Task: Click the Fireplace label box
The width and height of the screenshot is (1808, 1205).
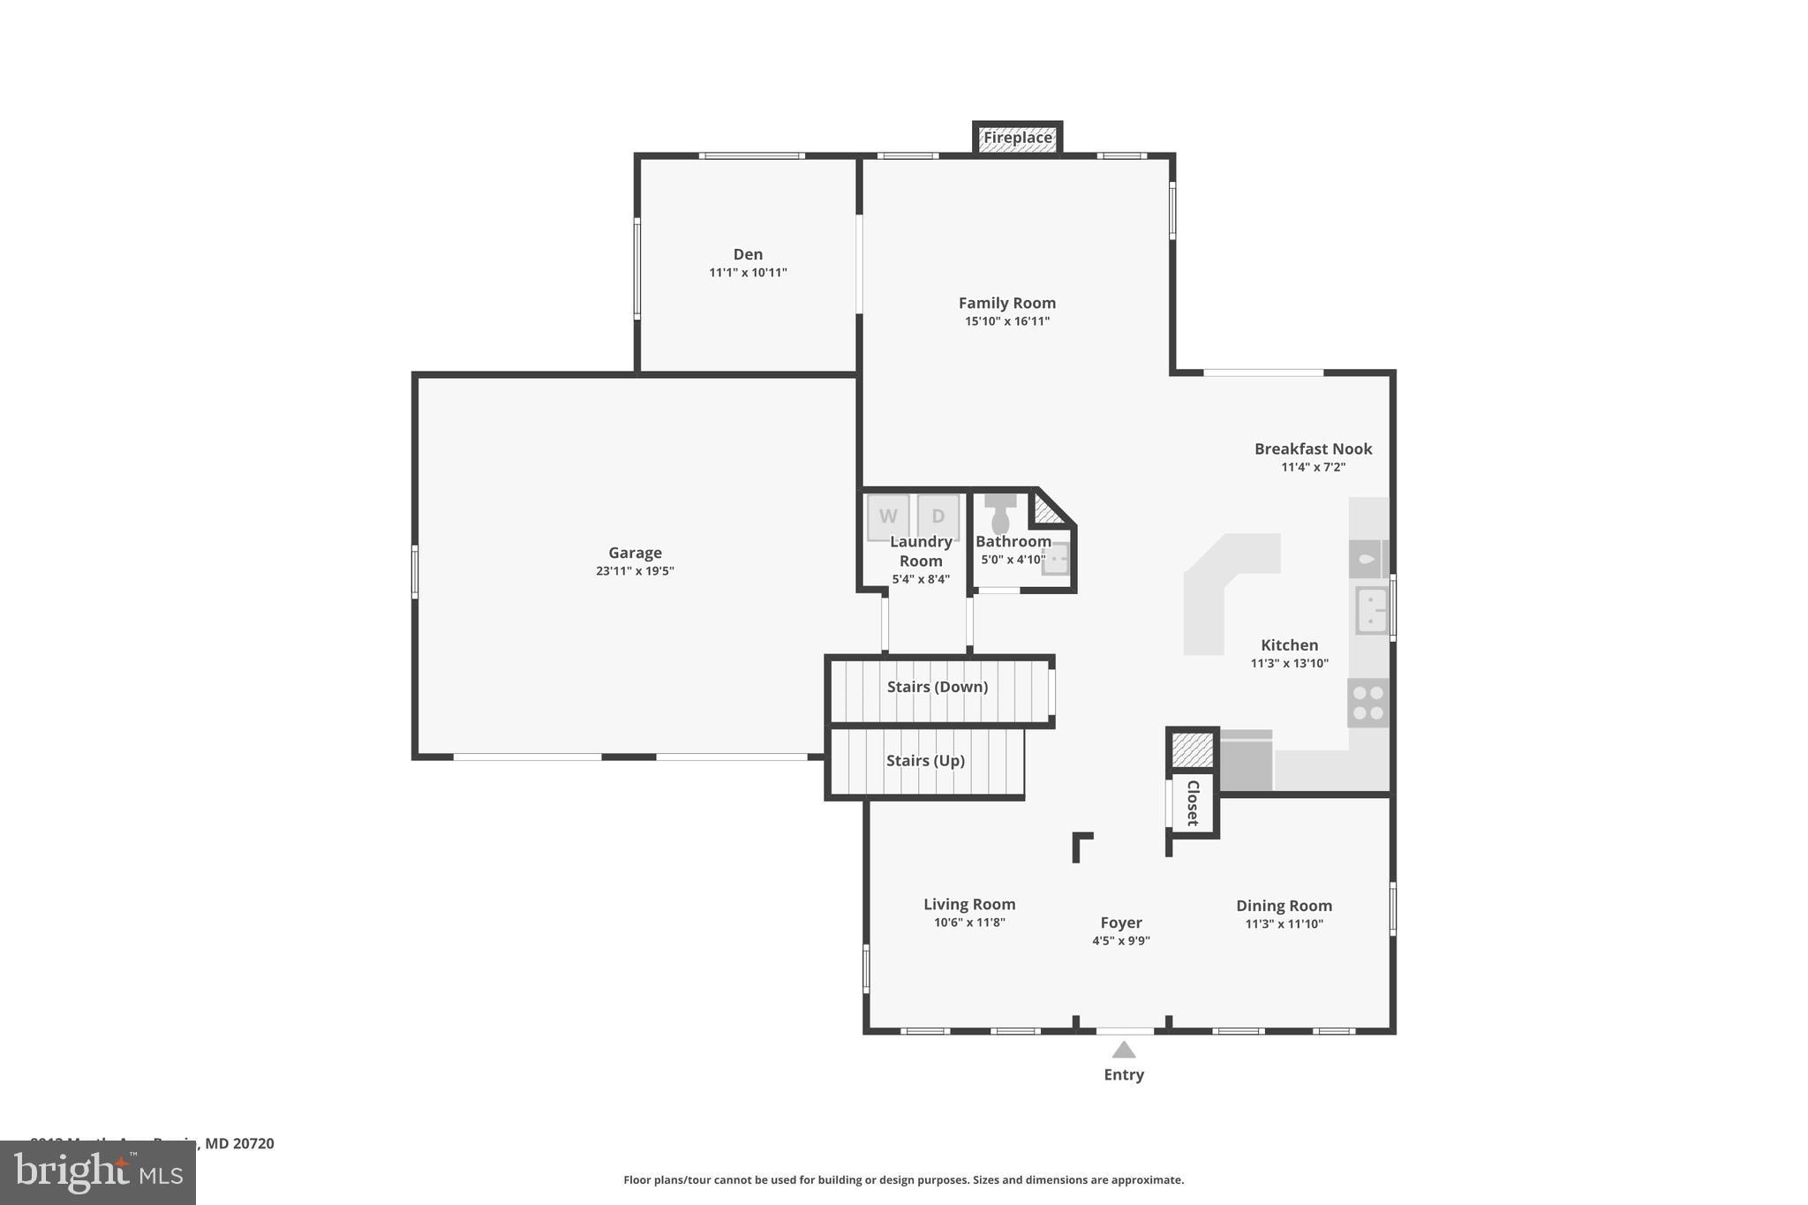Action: pyautogui.click(x=1017, y=138)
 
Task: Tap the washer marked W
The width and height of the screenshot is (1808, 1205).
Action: pyautogui.click(x=888, y=516)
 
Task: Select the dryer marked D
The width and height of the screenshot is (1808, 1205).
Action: pyautogui.click(x=938, y=516)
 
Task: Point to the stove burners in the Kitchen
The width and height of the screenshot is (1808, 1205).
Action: pyautogui.click(x=1367, y=703)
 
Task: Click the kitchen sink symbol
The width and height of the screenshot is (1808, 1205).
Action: pyautogui.click(x=1371, y=610)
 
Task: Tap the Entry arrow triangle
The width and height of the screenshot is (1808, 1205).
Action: pyautogui.click(x=1123, y=1050)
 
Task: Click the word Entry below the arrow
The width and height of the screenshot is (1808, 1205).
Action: pyautogui.click(x=1123, y=1074)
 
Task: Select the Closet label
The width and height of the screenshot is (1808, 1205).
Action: pyautogui.click(x=1193, y=802)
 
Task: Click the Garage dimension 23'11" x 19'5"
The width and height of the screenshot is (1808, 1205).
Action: pyautogui.click(x=635, y=571)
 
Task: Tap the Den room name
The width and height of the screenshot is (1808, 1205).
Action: pyautogui.click(x=748, y=254)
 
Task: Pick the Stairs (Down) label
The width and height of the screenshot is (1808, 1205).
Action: pyautogui.click(x=937, y=687)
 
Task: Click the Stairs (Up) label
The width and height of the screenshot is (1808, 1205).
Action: pyautogui.click(x=925, y=760)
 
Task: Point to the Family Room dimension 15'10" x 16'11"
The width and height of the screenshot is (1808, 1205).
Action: pyautogui.click(x=1006, y=321)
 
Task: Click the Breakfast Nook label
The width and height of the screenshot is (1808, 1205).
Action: pyautogui.click(x=1313, y=448)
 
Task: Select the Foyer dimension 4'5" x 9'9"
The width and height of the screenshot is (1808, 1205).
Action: pyautogui.click(x=1120, y=941)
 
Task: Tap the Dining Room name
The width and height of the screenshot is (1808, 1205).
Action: pyautogui.click(x=1284, y=906)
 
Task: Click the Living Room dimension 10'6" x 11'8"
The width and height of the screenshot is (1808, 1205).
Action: pyautogui.click(x=969, y=923)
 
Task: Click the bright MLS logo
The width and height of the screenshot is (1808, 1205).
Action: pyautogui.click(x=98, y=1172)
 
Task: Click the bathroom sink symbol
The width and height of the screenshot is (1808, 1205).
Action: pyautogui.click(x=1055, y=559)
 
